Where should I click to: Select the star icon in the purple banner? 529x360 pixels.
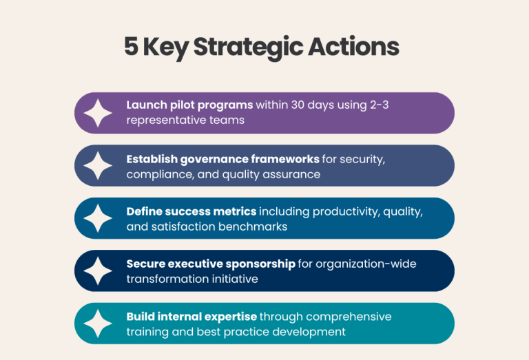coord(98,113)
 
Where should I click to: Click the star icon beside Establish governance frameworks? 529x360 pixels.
coord(98,166)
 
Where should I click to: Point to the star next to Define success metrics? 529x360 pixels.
coord(98,218)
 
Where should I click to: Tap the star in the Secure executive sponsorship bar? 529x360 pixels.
coord(98,271)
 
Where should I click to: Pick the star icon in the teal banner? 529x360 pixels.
coord(98,324)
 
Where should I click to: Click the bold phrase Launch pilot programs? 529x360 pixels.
coord(189,105)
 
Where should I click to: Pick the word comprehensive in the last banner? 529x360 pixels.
coord(347,317)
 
